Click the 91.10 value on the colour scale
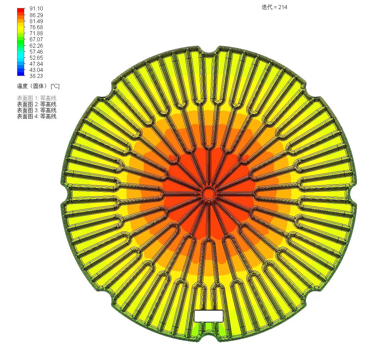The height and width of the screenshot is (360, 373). [36, 8]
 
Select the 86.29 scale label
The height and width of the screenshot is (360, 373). [36, 15]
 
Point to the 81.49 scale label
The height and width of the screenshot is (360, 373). [36, 21]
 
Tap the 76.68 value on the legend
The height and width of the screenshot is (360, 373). [36, 27]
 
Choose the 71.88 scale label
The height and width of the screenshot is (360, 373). [36, 33]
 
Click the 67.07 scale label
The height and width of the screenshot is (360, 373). [36, 40]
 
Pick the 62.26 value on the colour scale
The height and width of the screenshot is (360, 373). [36, 46]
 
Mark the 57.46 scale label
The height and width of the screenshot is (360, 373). [36, 52]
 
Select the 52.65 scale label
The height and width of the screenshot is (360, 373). [36, 58]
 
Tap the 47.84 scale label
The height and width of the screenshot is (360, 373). [36, 64]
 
